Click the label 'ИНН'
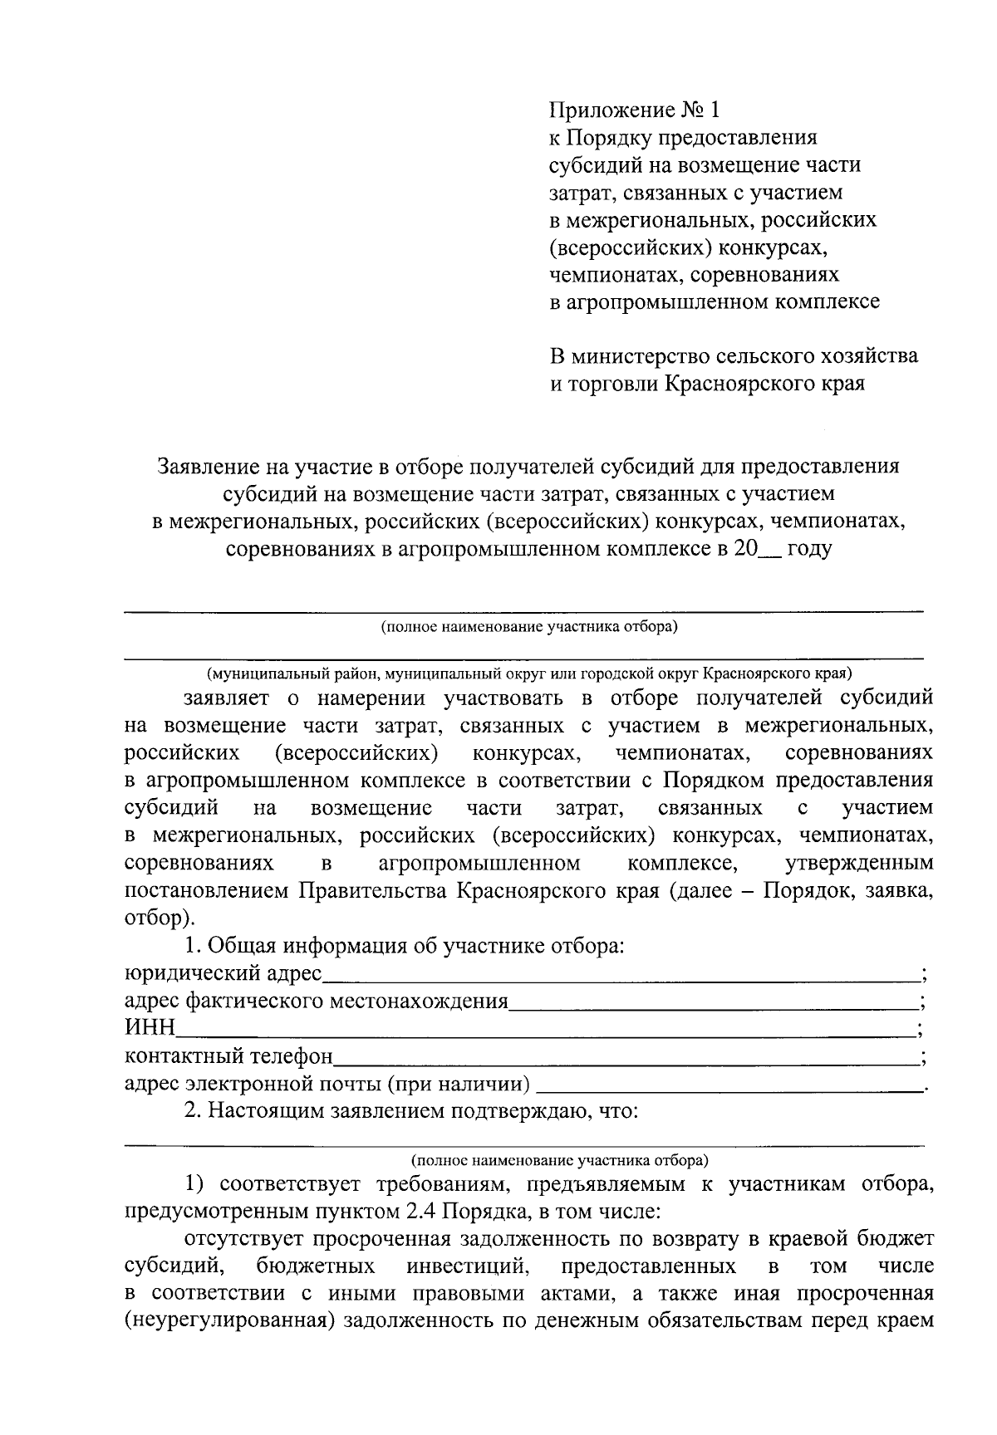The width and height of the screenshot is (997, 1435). click(150, 1030)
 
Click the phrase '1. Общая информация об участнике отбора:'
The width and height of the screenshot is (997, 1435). click(404, 946)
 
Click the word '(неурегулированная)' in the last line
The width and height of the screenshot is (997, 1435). click(228, 1320)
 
